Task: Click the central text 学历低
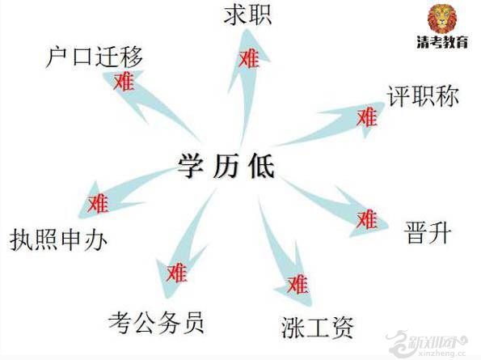click(226, 166)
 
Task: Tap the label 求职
click(247, 15)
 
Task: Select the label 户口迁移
click(94, 57)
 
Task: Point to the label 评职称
click(423, 96)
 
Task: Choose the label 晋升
click(428, 232)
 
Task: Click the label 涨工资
click(318, 327)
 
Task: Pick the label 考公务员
click(157, 322)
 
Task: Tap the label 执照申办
click(58, 239)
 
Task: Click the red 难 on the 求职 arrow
click(249, 58)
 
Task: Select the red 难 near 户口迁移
click(124, 82)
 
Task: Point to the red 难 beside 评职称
click(366, 117)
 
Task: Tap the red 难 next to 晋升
click(367, 219)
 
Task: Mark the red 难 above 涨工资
click(297, 285)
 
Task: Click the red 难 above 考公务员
click(177, 273)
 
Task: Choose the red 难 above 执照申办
click(98, 204)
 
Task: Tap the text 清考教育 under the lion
click(442, 42)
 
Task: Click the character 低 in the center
click(261, 166)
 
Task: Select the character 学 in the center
click(191, 166)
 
